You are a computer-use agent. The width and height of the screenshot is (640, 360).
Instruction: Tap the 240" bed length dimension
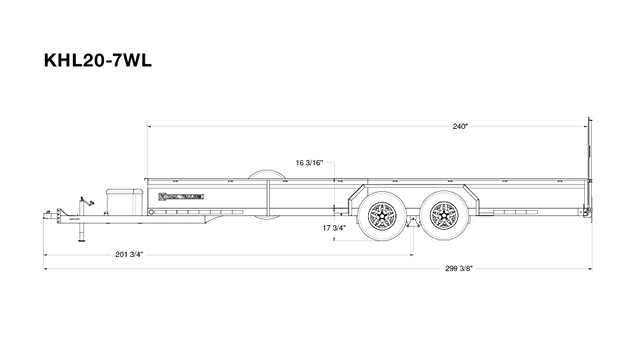pyautogui.click(x=460, y=127)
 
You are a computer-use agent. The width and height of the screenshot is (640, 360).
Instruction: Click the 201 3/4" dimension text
pyautogui.click(x=128, y=256)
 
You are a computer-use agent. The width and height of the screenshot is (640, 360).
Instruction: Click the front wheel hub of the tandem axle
pyautogui.click(x=381, y=213)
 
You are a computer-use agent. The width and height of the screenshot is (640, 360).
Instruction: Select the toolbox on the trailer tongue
pyautogui.click(x=120, y=198)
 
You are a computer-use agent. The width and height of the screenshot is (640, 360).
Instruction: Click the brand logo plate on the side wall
pyautogui.click(x=180, y=195)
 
